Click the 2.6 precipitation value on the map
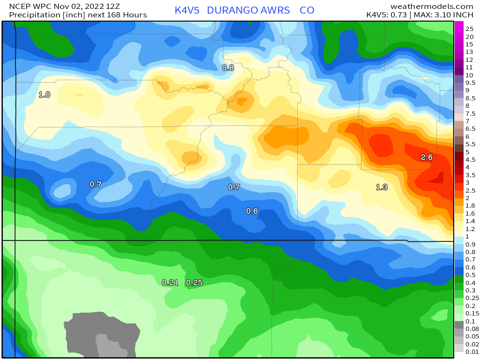tap(426, 157)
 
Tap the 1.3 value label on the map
tap(382, 187)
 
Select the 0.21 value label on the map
tap(170, 283)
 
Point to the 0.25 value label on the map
tap(194, 283)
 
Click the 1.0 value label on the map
tap(45, 95)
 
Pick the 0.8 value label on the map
tap(228, 67)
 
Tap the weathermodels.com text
tap(431, 6)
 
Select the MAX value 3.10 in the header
tap(444, 15)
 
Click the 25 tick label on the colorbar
tap(469, 29)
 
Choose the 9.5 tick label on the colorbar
tap(470, 82)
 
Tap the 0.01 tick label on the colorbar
tap(472, 352)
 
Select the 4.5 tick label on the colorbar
tap(470, 159)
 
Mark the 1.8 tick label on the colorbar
tap(470, 205)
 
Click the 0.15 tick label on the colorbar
tap(472, 313)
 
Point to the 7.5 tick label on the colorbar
tap(470, 113)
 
